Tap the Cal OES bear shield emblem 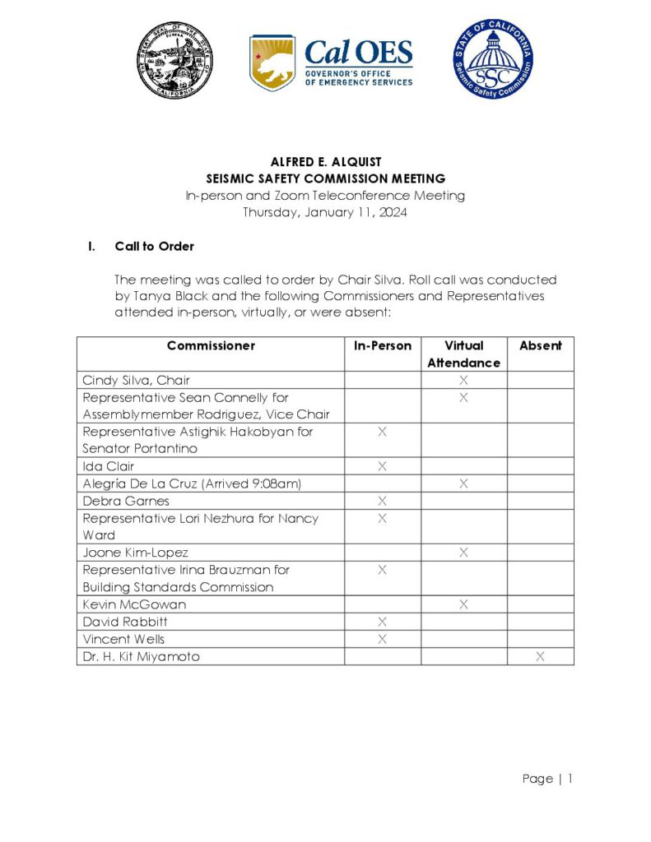(x=272, y=63)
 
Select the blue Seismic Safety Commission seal (x=493, y=59)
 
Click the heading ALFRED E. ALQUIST (x=325, y=162)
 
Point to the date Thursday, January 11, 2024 (x=325, y=213)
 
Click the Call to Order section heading (x=155, y=247)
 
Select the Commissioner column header (x=211, y=346)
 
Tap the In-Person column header (x=383, y=346)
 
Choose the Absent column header (x=540, y=346)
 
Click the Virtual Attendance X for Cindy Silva (x=463, y=380)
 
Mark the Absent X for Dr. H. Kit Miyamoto (x=540, y=656)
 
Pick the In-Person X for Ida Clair (x=383, y=466)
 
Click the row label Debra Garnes (x=126, y=501)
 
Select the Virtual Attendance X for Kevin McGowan (x=463, y=604)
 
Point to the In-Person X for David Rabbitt (x=383, y=622)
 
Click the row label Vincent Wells (x=123, y=639)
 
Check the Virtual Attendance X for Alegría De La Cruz (x=463, y=483)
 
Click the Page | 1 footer (x=547, y=779)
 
